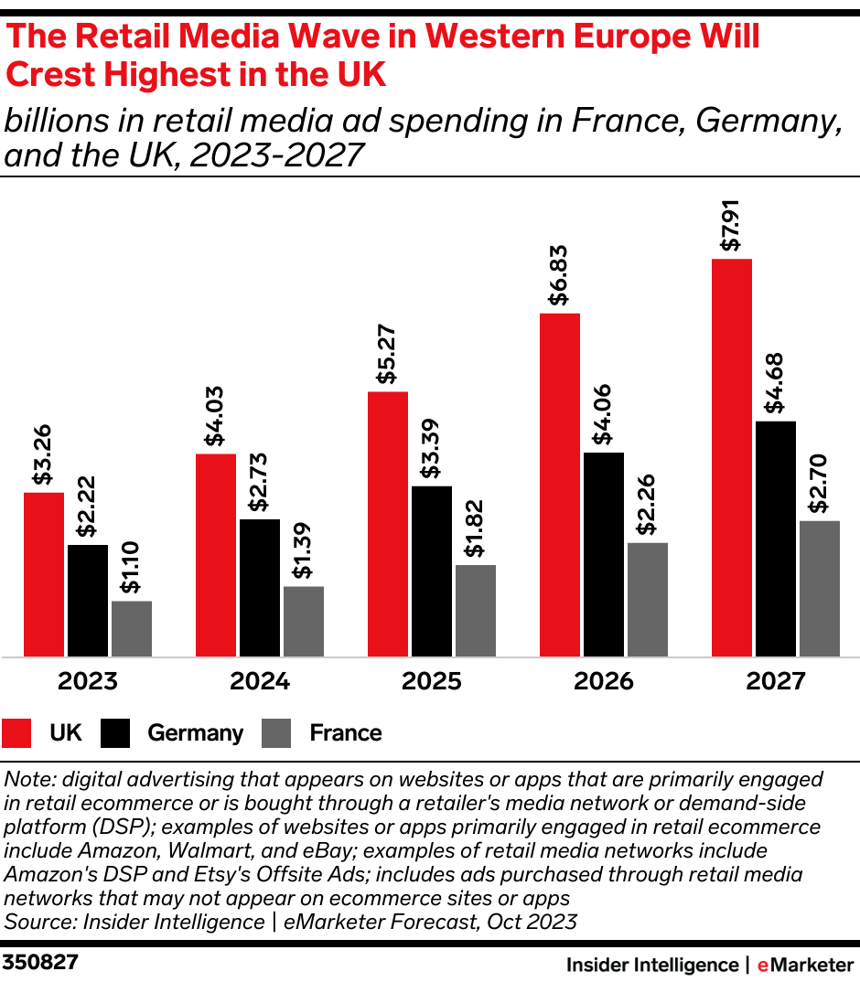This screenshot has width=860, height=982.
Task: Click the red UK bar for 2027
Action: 731,457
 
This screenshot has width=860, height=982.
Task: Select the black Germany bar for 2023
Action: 87,601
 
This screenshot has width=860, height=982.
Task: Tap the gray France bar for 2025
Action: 475,611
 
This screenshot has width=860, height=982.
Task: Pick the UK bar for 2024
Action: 215,555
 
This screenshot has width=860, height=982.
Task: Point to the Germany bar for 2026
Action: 603,554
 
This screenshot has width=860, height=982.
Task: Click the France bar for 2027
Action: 819,589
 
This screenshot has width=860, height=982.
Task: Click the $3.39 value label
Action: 432,449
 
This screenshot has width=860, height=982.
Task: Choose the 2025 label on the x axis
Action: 431,682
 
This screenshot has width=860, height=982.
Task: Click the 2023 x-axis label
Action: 87,682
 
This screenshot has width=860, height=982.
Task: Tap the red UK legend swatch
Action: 18,733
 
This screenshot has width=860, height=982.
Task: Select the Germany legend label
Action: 195,733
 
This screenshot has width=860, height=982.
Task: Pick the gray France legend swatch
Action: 276,733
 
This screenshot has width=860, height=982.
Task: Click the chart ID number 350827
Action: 40,963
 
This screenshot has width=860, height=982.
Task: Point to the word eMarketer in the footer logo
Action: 805,965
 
